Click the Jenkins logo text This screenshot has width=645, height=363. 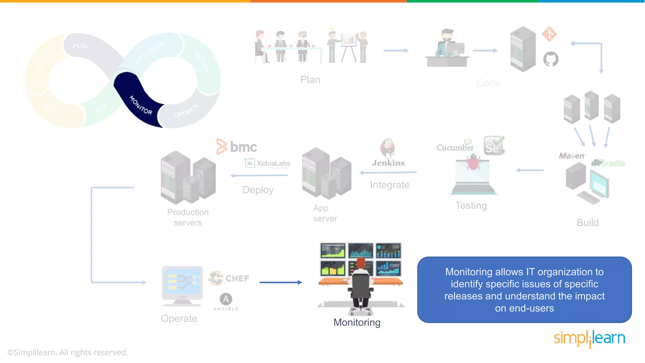pyautogui.click(x=388, y=163)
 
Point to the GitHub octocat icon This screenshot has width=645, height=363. pyautogui.click(x=551, y=59)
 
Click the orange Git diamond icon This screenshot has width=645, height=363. pyautogui.click(x=549, y=34)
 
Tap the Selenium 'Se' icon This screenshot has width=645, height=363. pyautogui.click(x=493, y=146)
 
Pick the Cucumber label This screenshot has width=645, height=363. pyautogui.click(x=455, y=147)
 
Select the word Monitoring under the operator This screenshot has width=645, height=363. pyautogui.click(x=357, y=322)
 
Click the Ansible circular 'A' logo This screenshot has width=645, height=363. pyautogui.click(x=226, y=299)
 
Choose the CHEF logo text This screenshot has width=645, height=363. pyautogui.click(x=237, y=278)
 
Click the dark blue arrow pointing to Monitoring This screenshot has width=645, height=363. pyautogui.click(x=281, y=282)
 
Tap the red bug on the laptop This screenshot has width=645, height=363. pyautogui.click(x=473, y=163)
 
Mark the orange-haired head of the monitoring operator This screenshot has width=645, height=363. pyautogui.click(x=361, y=263)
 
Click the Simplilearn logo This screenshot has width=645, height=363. pyautogui.click(x=589, y=338)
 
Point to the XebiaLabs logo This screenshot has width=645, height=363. pyautogui.click(x=268, y=163)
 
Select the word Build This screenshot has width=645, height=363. pyautogui.click(x=588, y=222)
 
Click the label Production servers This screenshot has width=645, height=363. pyautogui.click(x=188, y=217)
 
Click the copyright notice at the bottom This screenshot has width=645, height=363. pyautogui.click(x=68, y=352)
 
